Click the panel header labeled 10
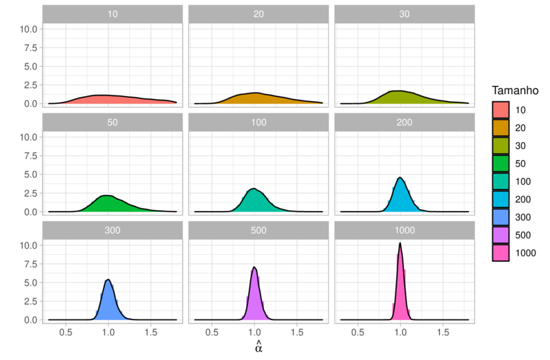click(112, 14)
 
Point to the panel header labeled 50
click(112, 122)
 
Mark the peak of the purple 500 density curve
click(254, 267)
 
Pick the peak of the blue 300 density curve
click(108, 280)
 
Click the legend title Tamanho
click(519, 91)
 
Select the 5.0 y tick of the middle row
click(29, 175)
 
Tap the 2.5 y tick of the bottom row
click(29, 302)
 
